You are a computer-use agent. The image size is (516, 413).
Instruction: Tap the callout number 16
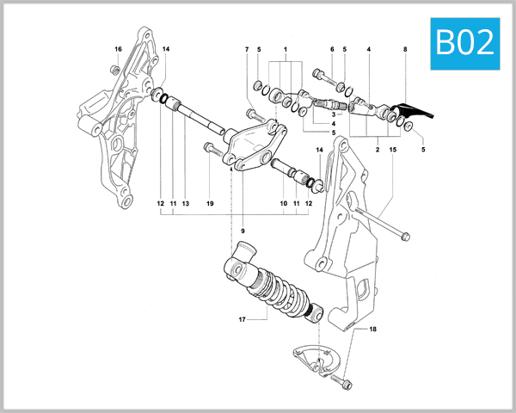tap(118, 49)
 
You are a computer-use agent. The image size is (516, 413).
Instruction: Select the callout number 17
tap(242, 319)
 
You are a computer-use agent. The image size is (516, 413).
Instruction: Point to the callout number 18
tap(373, 329)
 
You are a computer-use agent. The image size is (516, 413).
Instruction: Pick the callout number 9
tap(243, 231)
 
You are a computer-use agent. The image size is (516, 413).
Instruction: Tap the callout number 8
tap(405, 50)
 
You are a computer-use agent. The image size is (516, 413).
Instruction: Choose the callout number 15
tap(392, 150)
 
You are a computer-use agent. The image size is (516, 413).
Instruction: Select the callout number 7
tap(246, 50)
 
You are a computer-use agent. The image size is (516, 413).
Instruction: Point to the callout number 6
tap(331, 50)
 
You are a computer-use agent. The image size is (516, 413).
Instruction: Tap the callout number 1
tap(285, 50)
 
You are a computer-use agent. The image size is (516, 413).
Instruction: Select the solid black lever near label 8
tap(419, 113)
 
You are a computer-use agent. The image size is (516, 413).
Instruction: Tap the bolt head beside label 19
tap(207, 148)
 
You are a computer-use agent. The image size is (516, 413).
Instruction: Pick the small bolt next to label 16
tap(116, 68)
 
